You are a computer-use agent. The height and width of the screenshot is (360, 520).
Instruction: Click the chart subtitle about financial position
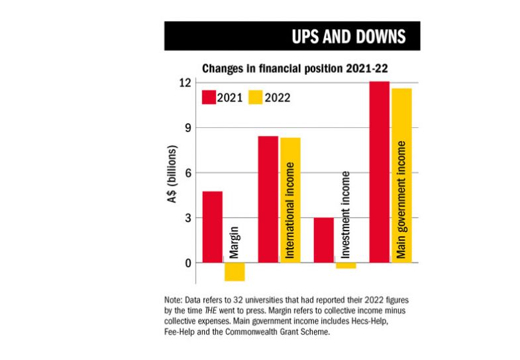(x=286, y=68)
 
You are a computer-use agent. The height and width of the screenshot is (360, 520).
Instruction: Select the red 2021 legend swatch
(x=209, y=97)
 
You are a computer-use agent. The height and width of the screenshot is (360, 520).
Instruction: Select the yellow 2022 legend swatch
(x=254, y=97)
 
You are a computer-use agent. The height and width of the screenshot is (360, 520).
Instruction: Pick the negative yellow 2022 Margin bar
(x=234, y=272)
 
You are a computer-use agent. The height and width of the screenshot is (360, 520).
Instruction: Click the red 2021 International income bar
(x=268, y=199)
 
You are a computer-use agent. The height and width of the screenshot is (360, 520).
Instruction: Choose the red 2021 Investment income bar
(x=323, y=240)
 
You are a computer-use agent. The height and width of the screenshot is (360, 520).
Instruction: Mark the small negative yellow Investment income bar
(x=346, y=265)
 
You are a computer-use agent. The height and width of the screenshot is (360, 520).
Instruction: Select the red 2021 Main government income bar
(x=379, y=172)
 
